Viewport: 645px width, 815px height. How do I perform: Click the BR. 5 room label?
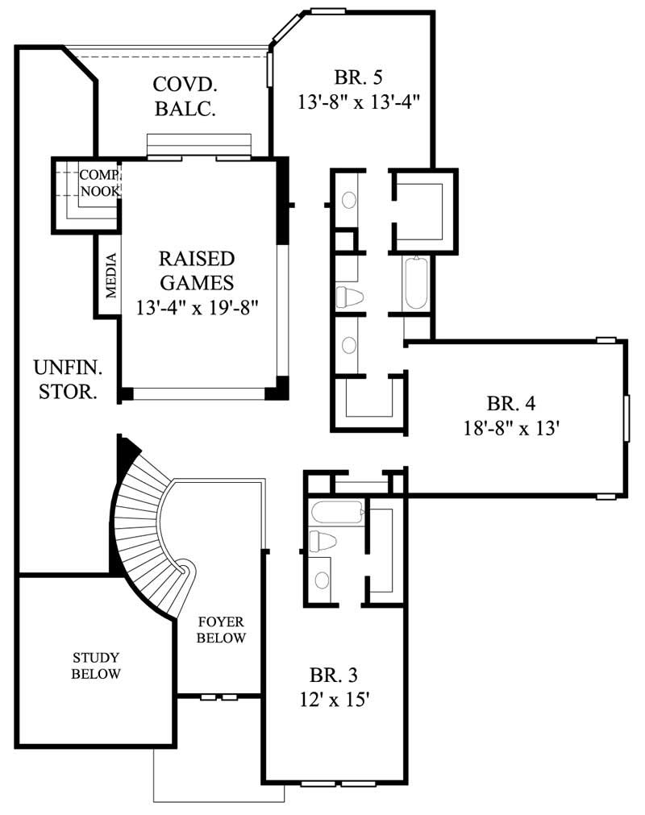click(x=357, y=77)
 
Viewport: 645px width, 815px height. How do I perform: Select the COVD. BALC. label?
click(x=185, y=96)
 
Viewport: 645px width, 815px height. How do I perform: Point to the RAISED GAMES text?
click(x=197, y=271)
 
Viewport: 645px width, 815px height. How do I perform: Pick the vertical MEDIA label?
click(x=111, y=274)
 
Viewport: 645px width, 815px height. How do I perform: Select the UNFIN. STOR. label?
click(x=68, y=380)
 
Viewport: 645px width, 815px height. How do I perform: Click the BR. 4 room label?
click(x=511, y=402)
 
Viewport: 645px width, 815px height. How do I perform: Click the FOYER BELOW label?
click(x=222, y=630)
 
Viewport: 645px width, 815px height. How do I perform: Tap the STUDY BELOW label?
click(x=96, y=665)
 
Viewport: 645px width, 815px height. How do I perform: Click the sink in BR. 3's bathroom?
click(x=322, y=579)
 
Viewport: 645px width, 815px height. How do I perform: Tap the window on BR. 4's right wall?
click(x=626, y=418)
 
